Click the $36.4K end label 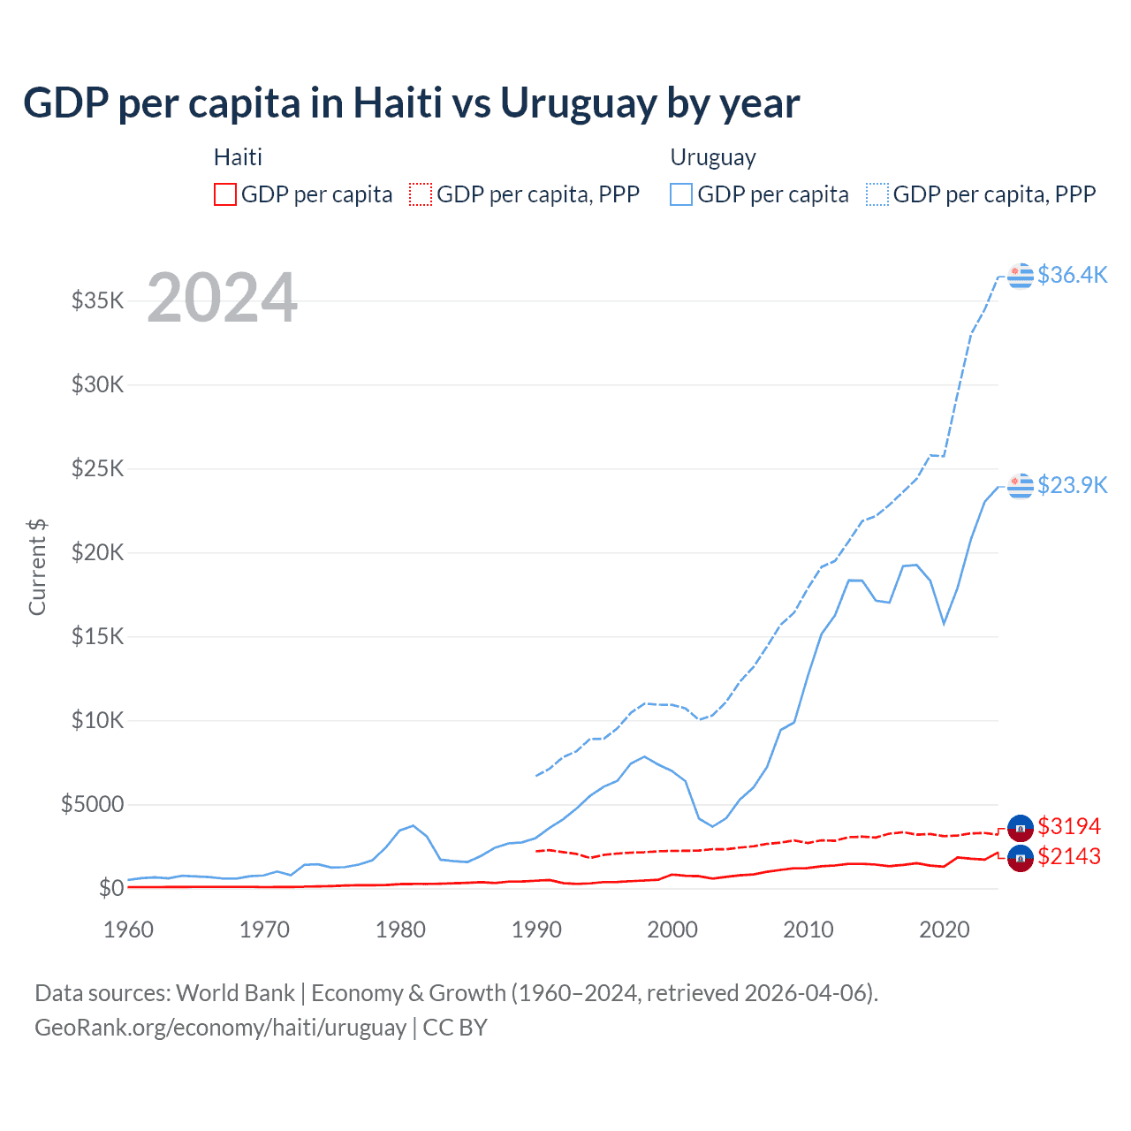(1072, 275)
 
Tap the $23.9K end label (1072, 485)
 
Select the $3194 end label (1069, 826)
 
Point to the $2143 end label (1069, 856)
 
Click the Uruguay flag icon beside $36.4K (1021, 276)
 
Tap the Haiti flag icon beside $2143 (1021, 858)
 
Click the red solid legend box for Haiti (225, 194)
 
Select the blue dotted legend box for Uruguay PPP (877, 194)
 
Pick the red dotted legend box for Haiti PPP (421, 194)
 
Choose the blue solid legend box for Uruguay (681, 194)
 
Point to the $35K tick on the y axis (98, 300)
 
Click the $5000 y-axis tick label (92, 804)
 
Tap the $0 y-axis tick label (110, 888)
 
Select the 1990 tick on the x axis (536, 930)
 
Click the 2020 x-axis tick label (945, 930)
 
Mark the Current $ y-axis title (37, 566)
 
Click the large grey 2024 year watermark (222, 298)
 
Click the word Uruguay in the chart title (578, 102)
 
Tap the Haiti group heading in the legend (238, 157)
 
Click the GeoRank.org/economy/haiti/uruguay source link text (220, 1028)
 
